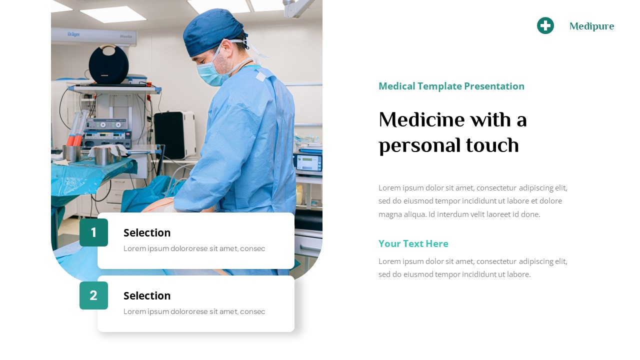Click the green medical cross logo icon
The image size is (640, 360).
(545, 25)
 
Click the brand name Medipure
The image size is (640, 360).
(591, 26)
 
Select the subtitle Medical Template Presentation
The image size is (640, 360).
(451, 86)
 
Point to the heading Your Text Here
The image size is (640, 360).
(413, 243)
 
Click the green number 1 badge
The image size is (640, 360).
(93, 232)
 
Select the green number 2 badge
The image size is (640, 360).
(93, 295)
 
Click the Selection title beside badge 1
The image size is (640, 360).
(147, 232)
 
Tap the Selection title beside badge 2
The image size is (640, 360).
(147, 295)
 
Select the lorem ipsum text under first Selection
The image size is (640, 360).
(194, 248)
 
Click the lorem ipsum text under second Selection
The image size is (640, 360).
(194, 311)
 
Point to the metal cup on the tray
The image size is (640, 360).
(103, 156)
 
